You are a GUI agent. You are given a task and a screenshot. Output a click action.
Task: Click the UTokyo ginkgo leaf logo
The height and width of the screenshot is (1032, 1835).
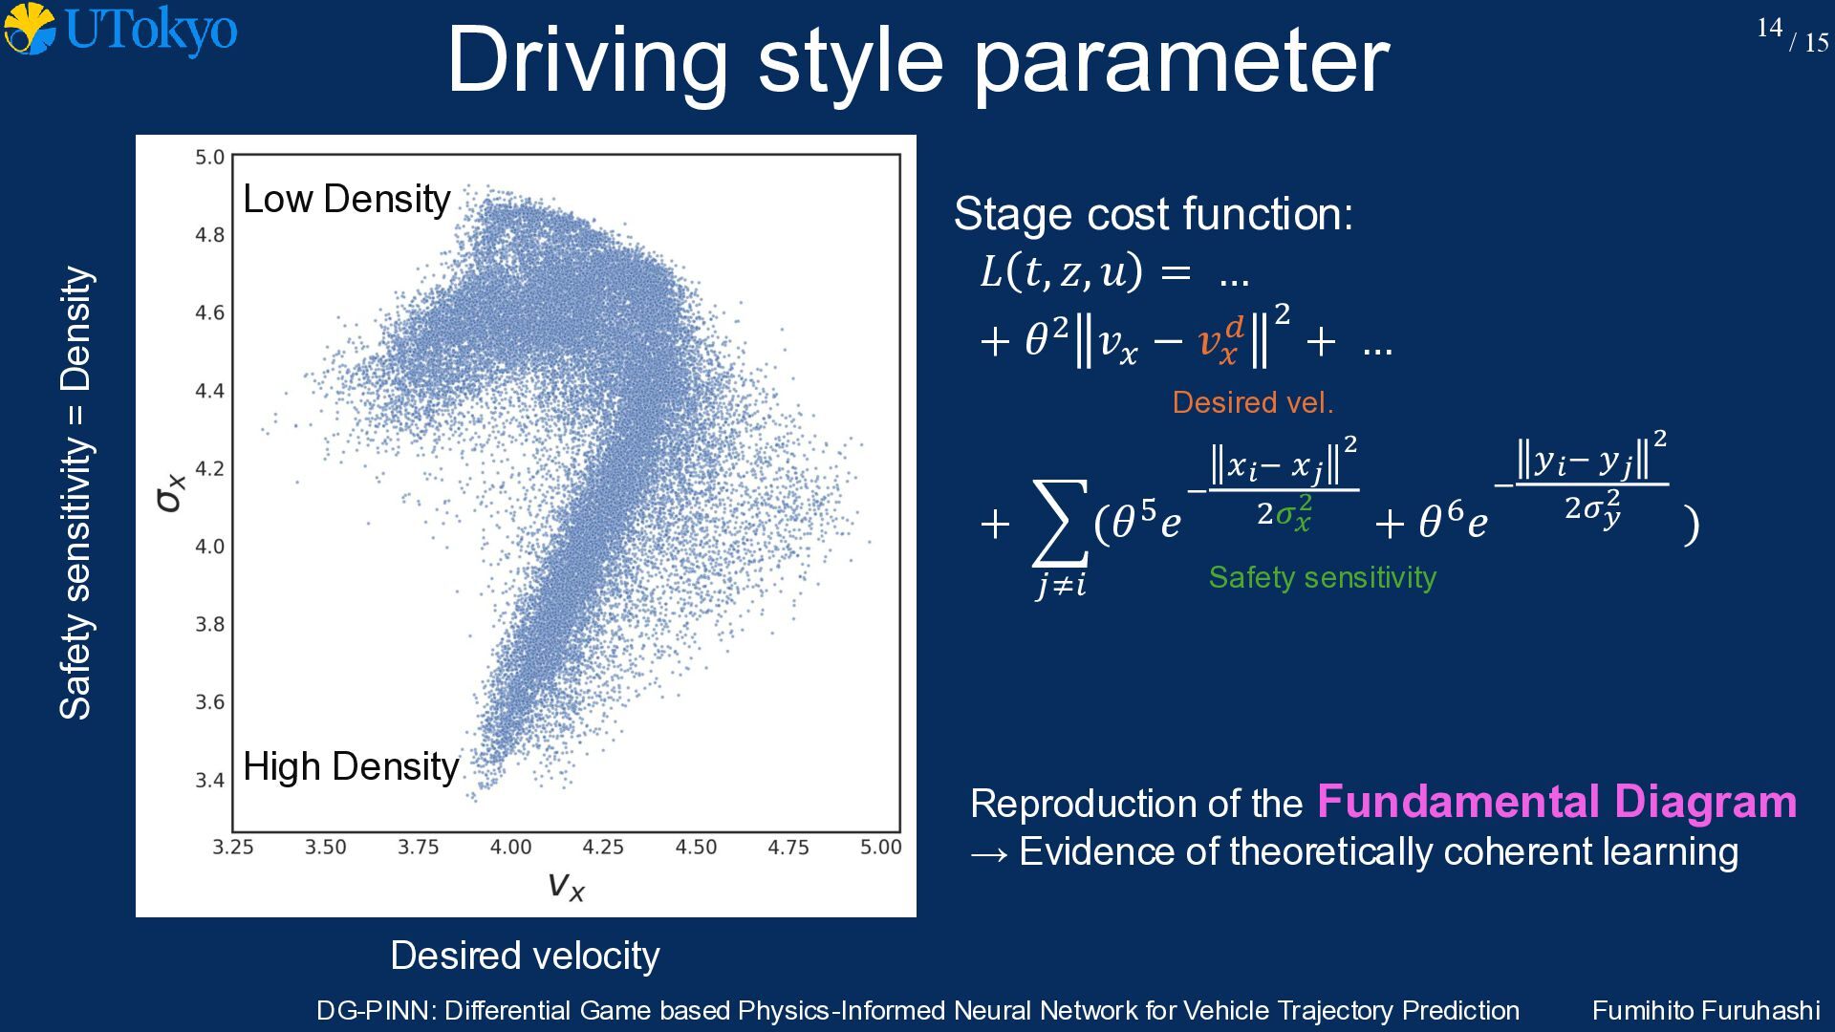[x=30, y=29]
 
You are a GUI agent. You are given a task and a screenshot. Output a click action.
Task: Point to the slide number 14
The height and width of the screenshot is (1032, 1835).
[x=1769, y=28]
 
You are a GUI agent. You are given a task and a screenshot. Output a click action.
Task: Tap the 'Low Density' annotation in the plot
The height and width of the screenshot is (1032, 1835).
[x=347, y=199]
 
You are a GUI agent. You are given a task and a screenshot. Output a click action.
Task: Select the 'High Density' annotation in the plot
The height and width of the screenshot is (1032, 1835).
[x=351, y=766]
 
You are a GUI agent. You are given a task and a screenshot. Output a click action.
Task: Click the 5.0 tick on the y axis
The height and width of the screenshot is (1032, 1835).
[x=210, y=157]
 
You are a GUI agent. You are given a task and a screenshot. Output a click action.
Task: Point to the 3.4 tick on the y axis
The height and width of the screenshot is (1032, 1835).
[x=210, y=780]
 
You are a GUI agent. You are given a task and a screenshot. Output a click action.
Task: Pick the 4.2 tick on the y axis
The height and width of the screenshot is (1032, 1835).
[x=210, y=468]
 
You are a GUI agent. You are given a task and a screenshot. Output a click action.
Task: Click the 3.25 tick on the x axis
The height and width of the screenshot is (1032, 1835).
[x=233, y=847]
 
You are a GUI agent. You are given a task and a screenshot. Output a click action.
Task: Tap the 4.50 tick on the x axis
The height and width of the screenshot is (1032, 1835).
[x=696, y=847]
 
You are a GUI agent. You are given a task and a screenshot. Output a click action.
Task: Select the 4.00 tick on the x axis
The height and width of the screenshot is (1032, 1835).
[x=510, y=847]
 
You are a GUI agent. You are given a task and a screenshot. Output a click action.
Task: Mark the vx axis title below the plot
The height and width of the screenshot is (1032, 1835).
[x=566, y=886]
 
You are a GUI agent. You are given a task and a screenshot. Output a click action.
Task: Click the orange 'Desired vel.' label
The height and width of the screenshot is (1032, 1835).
[x=1253, y=402]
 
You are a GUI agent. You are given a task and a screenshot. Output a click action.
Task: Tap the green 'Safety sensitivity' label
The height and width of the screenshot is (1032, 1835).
[x=1323, y=577]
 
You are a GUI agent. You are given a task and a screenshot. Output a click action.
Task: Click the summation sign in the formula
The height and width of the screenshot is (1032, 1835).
[x=1060, y=524]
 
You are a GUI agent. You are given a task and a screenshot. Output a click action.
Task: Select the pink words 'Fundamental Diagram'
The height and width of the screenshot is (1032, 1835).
[x=1557, y=802]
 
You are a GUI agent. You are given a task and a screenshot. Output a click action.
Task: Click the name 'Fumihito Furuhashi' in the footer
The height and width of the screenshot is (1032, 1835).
[x=1706, y=1010]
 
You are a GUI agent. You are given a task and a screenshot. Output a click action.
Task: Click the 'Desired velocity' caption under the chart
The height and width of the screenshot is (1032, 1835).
[x=526, y=956]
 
